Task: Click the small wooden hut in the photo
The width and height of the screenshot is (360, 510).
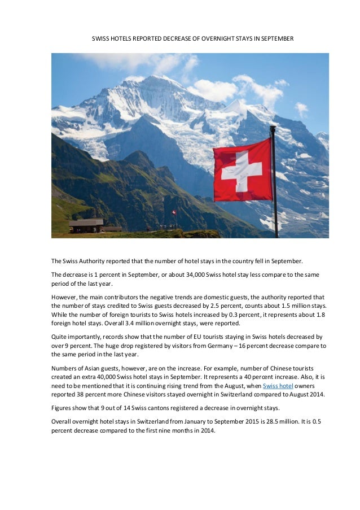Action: coord(86,225)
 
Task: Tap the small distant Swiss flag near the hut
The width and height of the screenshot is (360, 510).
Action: coord(174,212)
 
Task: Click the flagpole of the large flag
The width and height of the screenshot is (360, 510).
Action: coord(274,181)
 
